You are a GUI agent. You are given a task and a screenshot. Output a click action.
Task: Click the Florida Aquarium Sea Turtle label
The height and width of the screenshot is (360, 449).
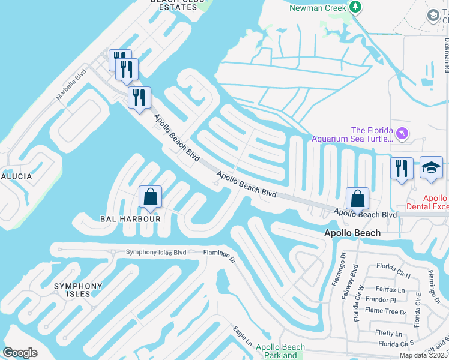point(352,134)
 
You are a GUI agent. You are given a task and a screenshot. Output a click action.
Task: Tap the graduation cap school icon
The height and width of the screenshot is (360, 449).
point(431,167)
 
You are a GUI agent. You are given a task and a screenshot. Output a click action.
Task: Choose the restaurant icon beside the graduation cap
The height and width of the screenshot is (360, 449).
point(401,167)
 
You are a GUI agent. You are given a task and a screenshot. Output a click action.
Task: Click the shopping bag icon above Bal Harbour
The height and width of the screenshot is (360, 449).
point(150,197)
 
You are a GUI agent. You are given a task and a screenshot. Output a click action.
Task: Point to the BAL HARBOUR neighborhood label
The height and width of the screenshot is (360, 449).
point(135,219)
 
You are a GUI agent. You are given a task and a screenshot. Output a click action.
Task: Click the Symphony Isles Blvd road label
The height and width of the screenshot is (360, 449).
point(156,252)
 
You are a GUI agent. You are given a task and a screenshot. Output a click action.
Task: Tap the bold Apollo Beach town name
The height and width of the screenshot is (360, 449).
point(352,233)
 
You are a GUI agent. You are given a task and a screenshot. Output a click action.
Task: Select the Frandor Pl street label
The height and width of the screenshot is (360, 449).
point(381,299)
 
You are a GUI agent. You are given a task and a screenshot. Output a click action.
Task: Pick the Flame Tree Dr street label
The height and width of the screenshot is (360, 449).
point(386,311)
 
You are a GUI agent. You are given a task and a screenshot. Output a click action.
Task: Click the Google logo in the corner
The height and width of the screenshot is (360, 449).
point(20,352)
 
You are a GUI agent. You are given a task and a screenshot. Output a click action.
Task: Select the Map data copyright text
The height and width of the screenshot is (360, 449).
point(423,355)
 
